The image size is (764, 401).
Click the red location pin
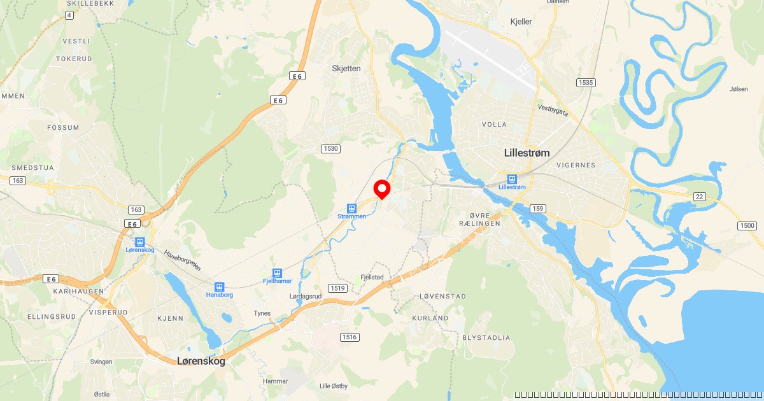coord(381,189)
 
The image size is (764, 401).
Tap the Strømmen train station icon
coord(351,208)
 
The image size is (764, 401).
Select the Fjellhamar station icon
coord(277,272)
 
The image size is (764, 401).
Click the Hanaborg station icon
coord(220,287)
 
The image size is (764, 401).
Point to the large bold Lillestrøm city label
coord(527,153)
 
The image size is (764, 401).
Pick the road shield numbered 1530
coord(331,148)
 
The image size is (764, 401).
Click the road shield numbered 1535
coord(585,83)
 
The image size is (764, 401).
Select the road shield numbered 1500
coord(747,226)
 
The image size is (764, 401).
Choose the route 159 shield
coord(538,209)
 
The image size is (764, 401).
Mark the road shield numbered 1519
coord(338,288)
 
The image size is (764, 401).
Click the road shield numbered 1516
coord(349,337)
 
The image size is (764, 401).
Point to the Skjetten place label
coord(346,68)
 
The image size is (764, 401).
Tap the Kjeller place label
coord(521,22)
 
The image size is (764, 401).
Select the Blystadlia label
coord(486,337)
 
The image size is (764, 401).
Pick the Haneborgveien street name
coord(183,260)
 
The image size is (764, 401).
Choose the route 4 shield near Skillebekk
coord(68,15)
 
